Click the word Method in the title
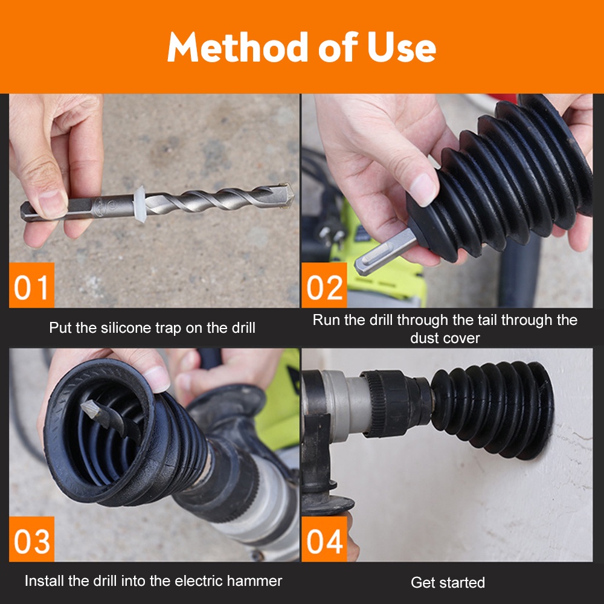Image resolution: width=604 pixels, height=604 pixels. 237,47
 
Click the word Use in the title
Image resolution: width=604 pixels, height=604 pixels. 401,47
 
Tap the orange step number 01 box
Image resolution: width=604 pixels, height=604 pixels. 31,286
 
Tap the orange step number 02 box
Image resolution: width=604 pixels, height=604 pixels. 324,286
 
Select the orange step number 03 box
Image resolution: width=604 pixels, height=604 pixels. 31,539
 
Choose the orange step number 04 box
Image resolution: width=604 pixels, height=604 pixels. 324,539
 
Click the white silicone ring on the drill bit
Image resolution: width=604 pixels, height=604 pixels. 140,204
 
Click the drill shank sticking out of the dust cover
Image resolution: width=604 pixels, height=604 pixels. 385,251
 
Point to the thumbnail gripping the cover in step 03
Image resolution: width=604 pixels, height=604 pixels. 156,379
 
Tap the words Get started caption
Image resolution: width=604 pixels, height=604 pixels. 448,582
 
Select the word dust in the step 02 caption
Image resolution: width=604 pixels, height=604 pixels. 423,338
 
